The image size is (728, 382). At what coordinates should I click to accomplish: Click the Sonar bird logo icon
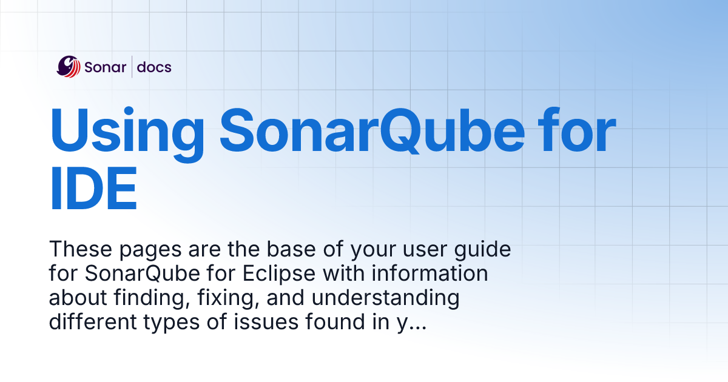69,67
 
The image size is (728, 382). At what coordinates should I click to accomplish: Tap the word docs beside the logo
154,67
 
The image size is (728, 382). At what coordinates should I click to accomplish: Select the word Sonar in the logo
105,67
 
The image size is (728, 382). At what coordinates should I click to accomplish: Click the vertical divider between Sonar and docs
132,67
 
